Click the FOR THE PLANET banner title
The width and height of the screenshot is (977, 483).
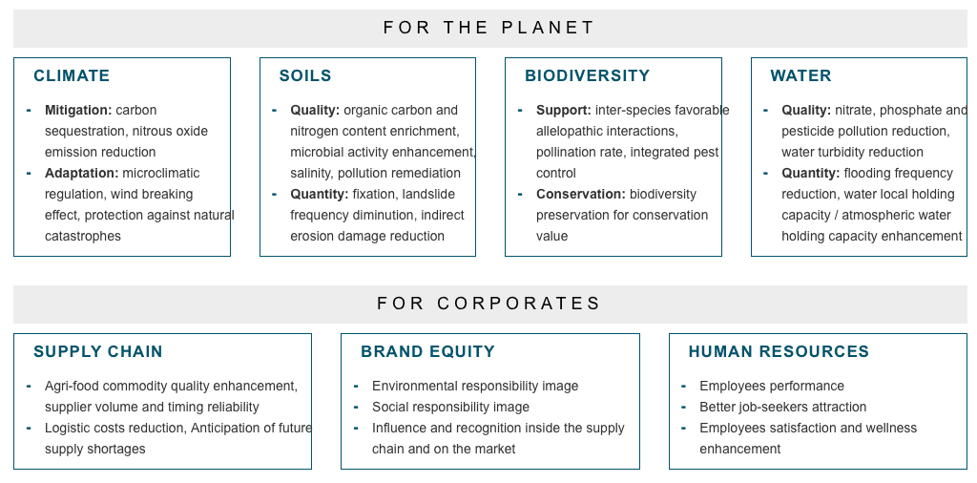coord(489,28)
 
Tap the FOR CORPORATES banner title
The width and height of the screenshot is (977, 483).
coord(489,304)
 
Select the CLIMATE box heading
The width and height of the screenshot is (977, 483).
coord(72,76)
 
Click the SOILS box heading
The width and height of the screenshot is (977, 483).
coord(305,76)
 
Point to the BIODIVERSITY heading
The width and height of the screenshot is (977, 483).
coord(588,76)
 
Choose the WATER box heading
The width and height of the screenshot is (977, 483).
coord(800,76)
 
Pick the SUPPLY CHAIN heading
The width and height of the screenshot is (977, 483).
coord(98,351)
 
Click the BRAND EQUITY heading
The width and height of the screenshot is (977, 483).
coord(428,351)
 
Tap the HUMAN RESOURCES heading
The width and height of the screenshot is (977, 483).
coord(779,351)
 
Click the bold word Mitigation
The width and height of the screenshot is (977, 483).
coord(78,111)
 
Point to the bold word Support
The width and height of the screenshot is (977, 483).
coord(564,111)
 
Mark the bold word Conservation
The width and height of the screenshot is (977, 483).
coord(581,195)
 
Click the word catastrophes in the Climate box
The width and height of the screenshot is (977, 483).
coord(83,237)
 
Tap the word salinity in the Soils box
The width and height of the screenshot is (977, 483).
coord(310,174)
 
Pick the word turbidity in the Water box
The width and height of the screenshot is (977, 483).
coord(847,153)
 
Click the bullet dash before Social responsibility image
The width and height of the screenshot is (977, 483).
coord(356,407)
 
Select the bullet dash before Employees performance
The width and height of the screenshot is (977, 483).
coord(683,386)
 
